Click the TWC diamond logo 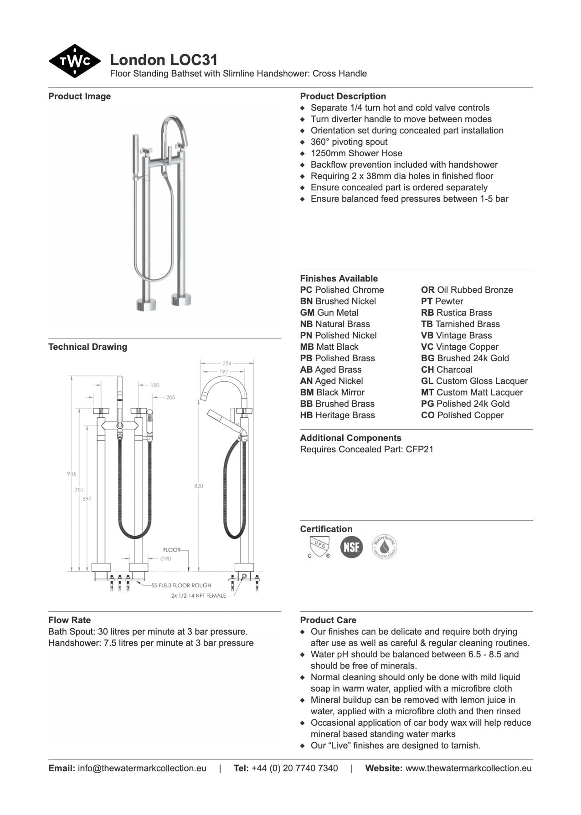tap(74, 61)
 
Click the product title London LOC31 tap(164, 60)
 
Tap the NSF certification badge tap(351, 547)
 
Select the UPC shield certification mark tap(319, 546)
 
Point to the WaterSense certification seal tap(384, 546)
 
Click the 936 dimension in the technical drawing tap(72, 474)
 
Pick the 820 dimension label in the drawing tap(199, 486)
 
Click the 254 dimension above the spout tap(227, 363)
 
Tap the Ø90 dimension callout tap(166, 559)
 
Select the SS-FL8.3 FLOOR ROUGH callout tap(181, 585)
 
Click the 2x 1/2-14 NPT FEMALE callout tap(198, 595)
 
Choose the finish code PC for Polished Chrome tap(306, 290)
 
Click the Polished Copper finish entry tap(462, 415)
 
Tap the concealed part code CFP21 tap(419, 449)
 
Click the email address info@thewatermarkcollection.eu tap(142, 768)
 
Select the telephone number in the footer tap(294, 768)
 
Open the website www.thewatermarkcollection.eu tap(468, 768)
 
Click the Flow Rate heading tap(69, 620)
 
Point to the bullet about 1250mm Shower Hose tap(356, 153)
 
